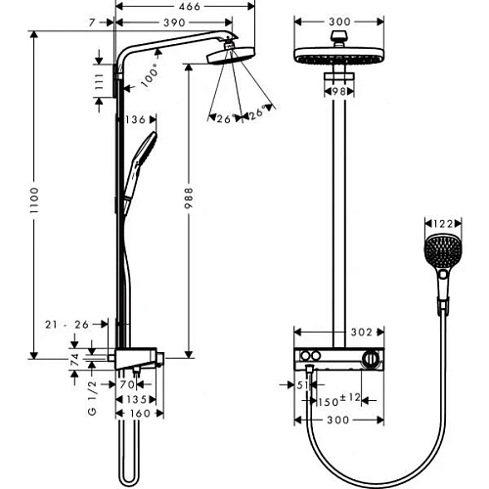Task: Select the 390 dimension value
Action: (174, 21)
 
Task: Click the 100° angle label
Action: (151, 76)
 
